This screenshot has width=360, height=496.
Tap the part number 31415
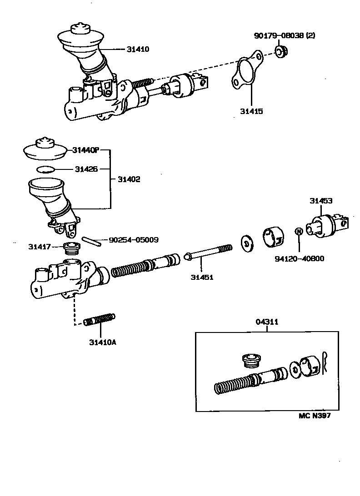[x=251, y=110]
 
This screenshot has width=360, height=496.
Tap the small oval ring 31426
[x=45, y=169]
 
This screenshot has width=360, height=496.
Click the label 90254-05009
[x=133, y=239]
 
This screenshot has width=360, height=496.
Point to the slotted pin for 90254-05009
[x=91, y=241]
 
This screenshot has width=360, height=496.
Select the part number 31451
[x=202, y=277]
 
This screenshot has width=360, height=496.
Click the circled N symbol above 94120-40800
[x=299, y=231]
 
